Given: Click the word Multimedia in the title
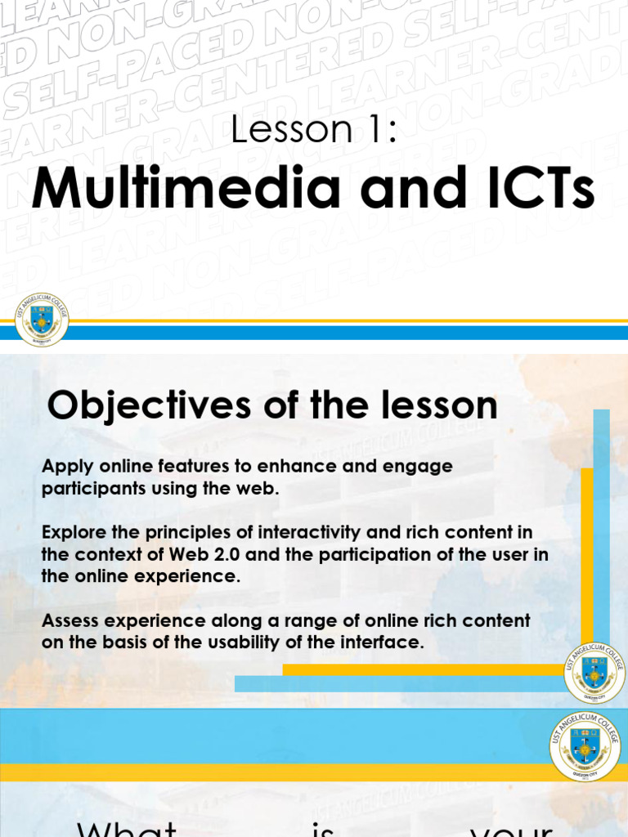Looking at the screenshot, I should point(186,189).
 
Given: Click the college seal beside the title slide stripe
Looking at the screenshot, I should point(42,320).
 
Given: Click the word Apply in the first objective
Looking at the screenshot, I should point(64,467).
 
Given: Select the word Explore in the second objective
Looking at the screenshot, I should point(70,532).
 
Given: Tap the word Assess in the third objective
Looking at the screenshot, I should point(67,620).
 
